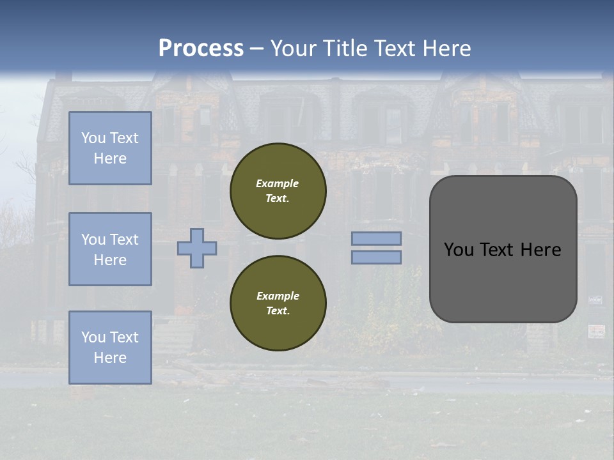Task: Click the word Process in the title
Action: (x=201, y=49)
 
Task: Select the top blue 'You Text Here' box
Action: (x=110, y=148)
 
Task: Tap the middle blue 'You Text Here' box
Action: (x=110, y=249)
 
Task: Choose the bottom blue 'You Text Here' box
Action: (x=110, y=347)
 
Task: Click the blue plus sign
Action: (x=197, y=248)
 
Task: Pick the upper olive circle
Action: (x=278, y=191)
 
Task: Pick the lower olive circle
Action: (x=278, y=303)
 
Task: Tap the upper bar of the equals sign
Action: (x=377, y=238)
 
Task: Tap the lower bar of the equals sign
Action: (x=377, y=257)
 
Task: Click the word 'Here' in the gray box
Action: (x=540, y=250)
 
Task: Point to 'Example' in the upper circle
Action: (x=278, y=183)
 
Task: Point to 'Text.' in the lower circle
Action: (x=278, y=310)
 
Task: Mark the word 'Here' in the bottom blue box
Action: (x=110, y=358)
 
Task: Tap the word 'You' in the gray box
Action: (x=460, y=250)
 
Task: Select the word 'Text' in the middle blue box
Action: (x=124, y=240)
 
